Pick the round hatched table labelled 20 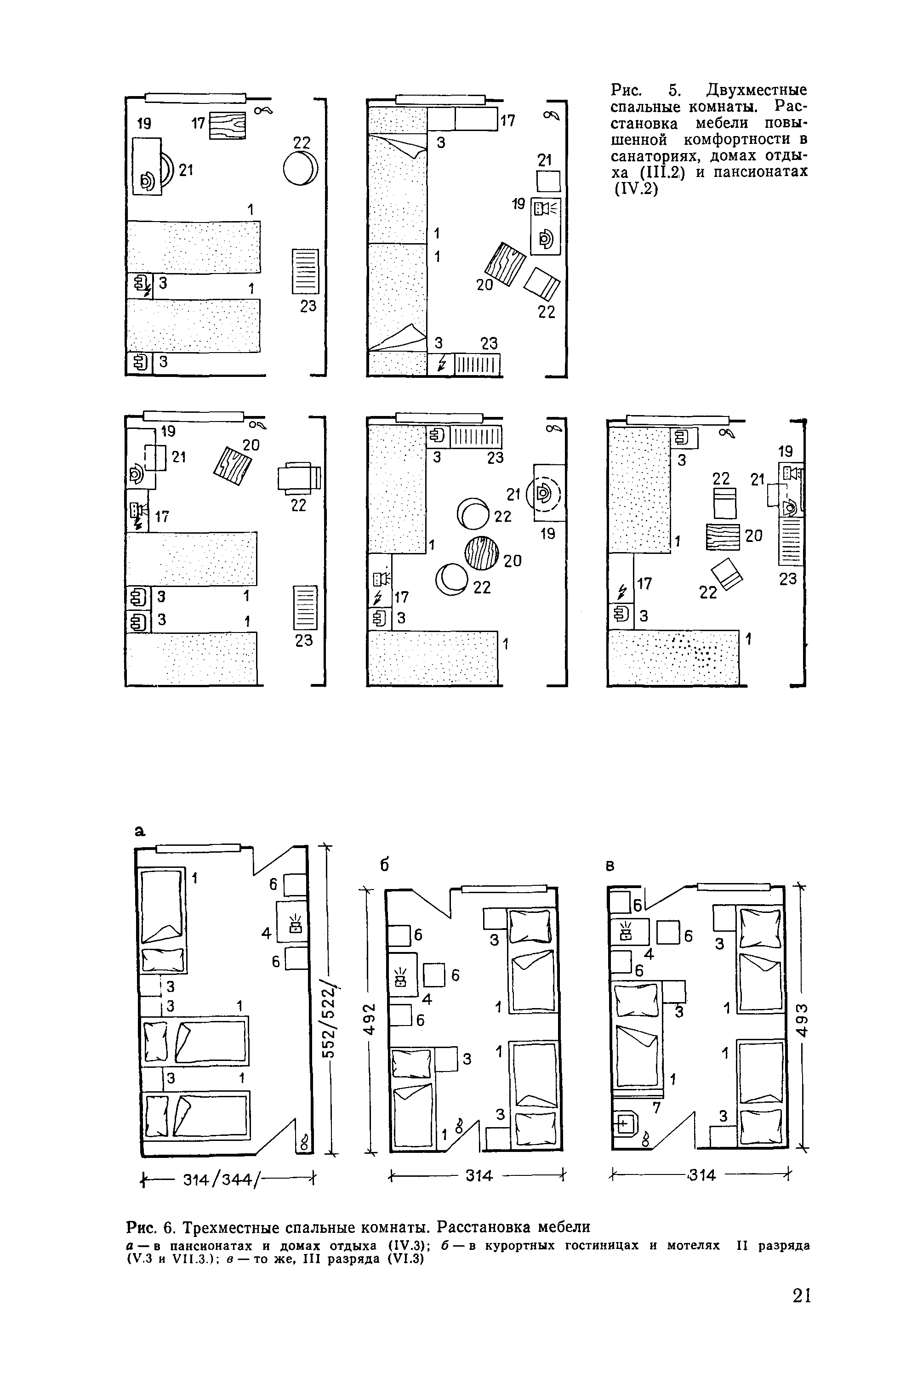tap(481, 553)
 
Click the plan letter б tap(386, 866)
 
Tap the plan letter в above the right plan tap(610, 866)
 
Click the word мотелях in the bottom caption tap(694, 1247)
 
